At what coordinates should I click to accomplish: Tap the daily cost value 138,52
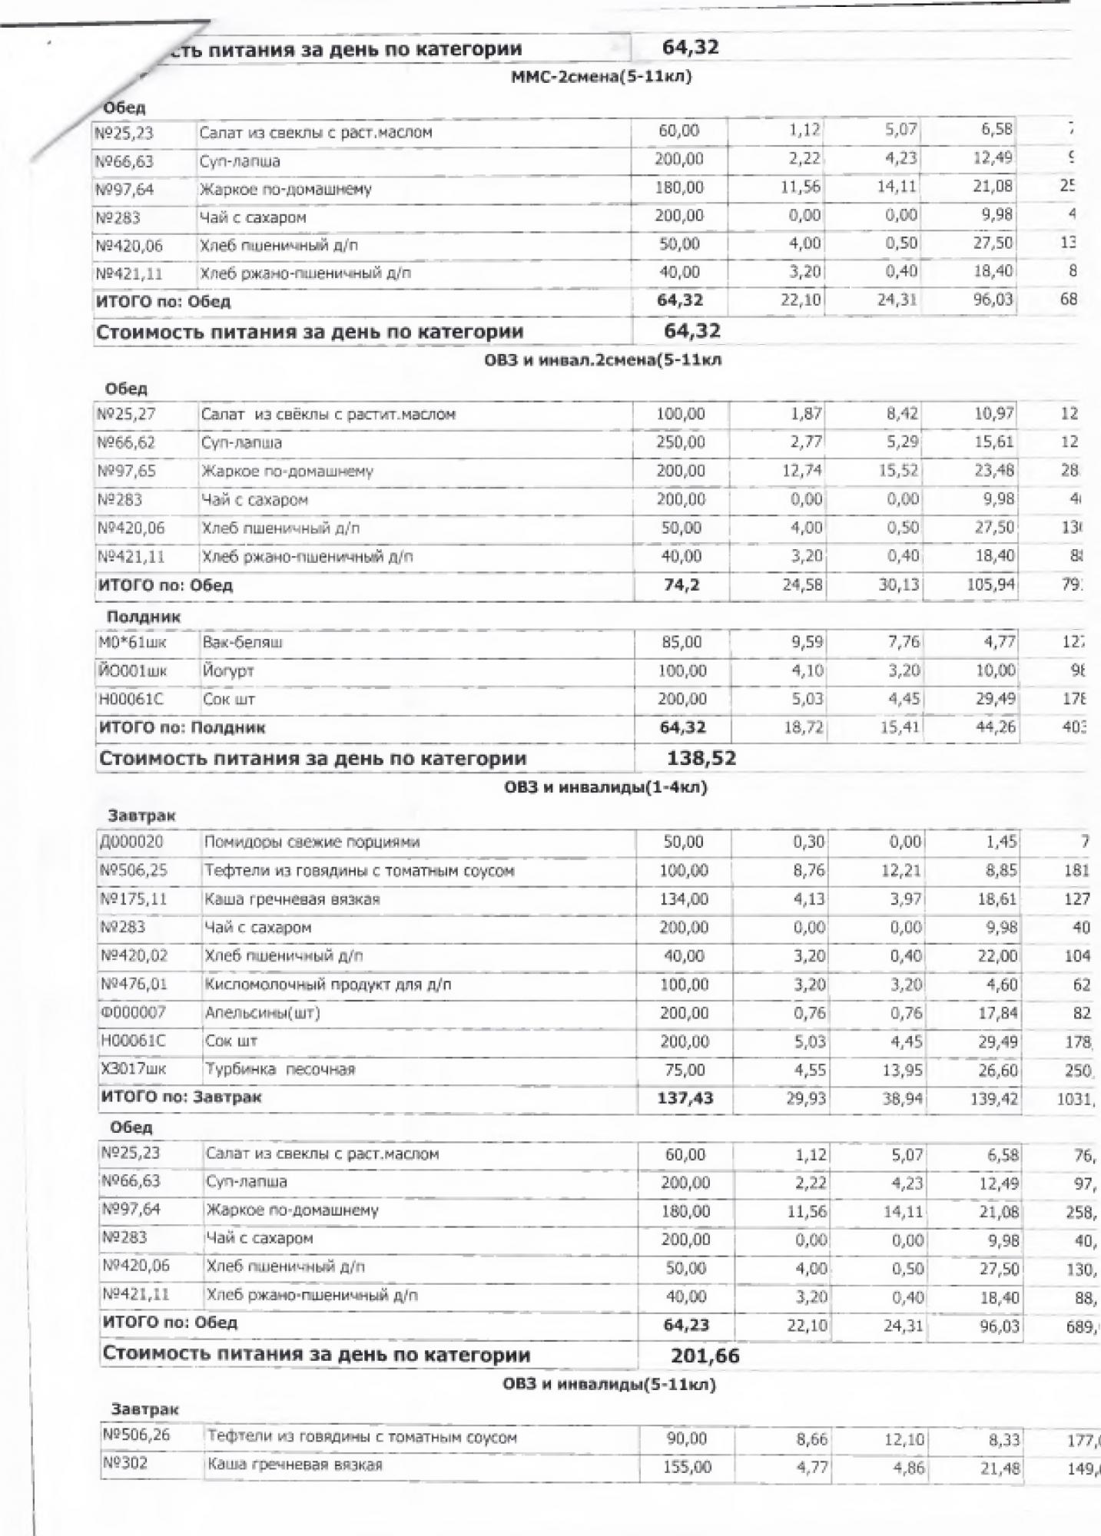[701, 758]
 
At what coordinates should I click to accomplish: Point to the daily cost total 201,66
[705, 1356]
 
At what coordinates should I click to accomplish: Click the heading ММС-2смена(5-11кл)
[602, 77]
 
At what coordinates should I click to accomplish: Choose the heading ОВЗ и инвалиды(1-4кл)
[605, 787]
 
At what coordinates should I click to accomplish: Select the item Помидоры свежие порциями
[312, 842]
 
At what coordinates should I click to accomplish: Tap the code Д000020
[131, 842]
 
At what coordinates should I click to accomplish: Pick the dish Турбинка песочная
[280, 1069]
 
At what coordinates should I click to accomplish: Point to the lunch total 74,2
[681, 585]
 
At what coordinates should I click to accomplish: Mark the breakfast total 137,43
[685, 1098]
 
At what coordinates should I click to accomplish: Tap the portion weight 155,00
[687, 1467]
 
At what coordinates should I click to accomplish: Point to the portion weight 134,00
[684, 899]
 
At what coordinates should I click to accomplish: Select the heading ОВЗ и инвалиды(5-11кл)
[609, 1385]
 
